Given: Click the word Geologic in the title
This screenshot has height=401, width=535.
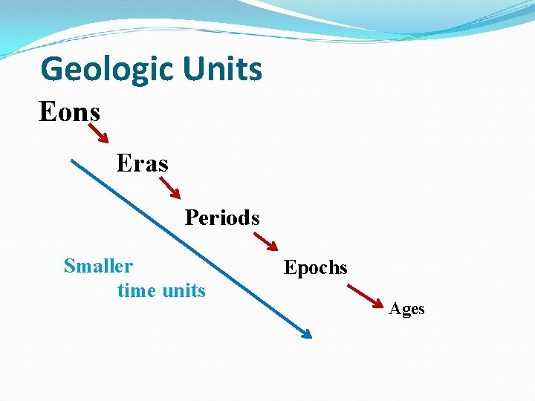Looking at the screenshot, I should pos(106,69).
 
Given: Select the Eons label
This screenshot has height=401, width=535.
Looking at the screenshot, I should pos(69,112).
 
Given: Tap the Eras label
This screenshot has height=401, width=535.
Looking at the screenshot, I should pos(142,163).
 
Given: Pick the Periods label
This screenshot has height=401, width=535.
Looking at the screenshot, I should pos(222,218).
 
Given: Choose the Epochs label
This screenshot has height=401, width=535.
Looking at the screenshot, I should pos(315,267).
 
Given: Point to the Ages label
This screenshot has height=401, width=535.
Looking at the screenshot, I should pos(406,309).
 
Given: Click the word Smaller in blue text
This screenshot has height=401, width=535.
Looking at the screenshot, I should pos(98,266).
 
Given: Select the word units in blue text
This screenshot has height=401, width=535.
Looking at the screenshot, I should pos(184,290).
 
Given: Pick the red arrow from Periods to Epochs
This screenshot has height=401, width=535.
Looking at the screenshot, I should pos(265,241).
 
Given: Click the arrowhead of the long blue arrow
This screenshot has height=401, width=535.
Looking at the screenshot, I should pos(305,333).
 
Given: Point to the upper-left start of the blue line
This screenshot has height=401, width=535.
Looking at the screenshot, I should pos(72,160).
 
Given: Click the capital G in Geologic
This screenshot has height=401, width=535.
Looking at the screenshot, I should pos(53,69).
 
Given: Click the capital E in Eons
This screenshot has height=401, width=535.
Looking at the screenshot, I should pos(47,112).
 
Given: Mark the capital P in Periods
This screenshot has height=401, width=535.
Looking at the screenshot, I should pos(191,218).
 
